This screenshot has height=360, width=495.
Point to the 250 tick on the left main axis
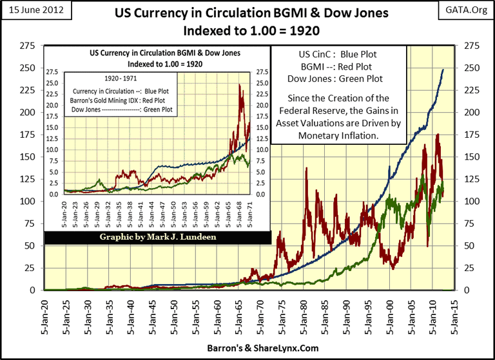27,68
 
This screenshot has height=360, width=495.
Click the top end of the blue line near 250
443,70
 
